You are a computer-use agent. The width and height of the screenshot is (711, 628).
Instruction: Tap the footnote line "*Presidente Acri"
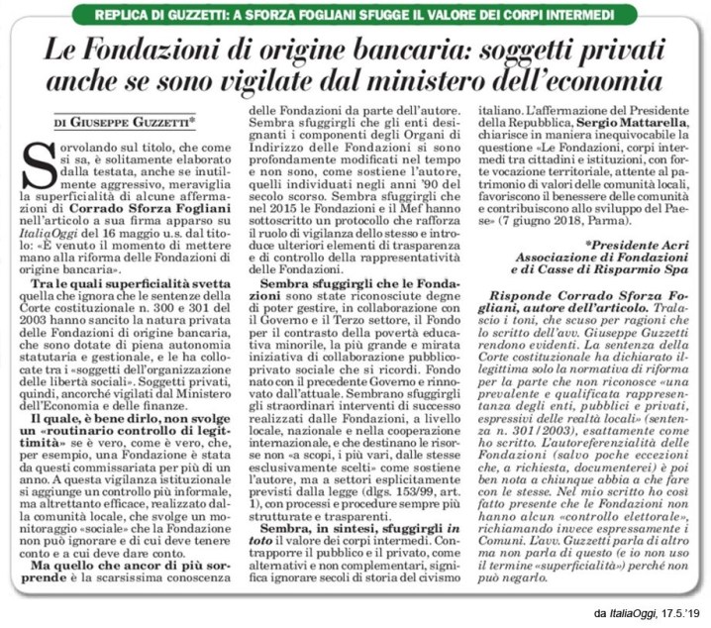click(x=637, y=242)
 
